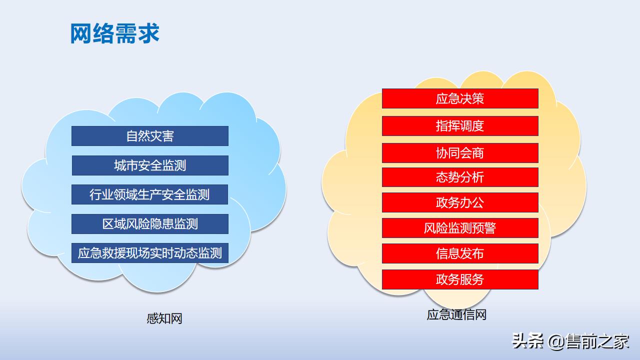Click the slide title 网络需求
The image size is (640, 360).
[114, 33]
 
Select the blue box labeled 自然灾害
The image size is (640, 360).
[150, 136]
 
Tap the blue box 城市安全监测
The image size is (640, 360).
[150, 165]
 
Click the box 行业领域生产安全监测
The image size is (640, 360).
[150, 194]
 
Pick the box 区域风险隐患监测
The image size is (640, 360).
[150, 224]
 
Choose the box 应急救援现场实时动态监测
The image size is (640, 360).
[150, 253]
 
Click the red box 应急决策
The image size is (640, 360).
[460, 98]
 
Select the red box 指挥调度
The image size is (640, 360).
[460, 126]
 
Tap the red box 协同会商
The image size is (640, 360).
[460, 153]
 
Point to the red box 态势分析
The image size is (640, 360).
[460, 177]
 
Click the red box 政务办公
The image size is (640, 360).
[460, 202]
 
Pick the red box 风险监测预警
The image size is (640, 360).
[460, 228]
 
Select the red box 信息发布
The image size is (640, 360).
[460, 253]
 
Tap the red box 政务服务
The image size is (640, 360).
[460, 279]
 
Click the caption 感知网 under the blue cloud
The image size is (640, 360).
[164, 318]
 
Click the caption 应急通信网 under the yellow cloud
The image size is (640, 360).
[456, 314]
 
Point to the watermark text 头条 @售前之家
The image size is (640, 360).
[570, 342]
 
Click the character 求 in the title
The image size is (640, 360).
[148, 33]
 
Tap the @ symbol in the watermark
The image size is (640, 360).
[556, 342]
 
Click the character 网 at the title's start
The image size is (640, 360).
[81, 33]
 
